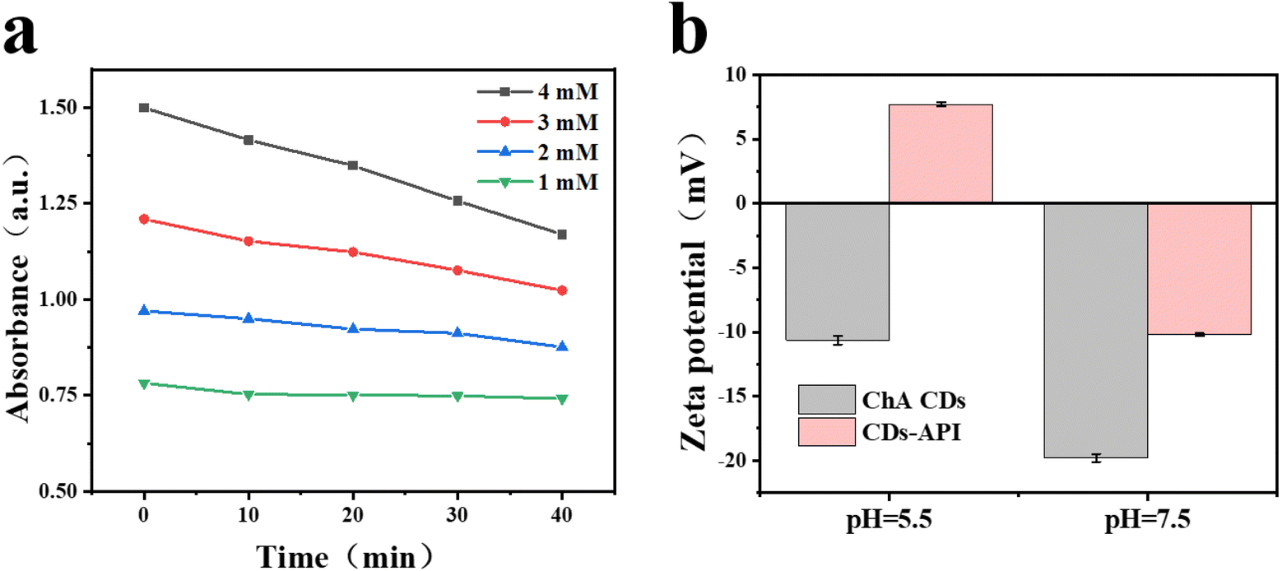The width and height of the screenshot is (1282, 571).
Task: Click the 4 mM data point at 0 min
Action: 144,108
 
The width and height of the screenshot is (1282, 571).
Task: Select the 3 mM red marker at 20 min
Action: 353,253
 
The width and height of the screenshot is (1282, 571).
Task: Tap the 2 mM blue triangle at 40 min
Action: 562,346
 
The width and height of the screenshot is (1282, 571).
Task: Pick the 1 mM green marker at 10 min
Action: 249,395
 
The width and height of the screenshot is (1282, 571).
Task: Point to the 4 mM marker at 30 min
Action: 458,201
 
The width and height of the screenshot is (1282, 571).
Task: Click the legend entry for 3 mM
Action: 538,122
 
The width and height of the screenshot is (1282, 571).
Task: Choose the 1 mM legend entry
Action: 538,183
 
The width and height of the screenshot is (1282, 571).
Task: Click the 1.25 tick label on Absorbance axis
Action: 58,203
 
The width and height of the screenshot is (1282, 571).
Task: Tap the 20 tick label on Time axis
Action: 352,516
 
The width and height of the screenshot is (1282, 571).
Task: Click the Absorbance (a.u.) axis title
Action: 18,288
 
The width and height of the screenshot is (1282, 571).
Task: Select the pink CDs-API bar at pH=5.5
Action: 941,153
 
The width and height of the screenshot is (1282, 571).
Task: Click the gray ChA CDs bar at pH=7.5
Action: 1096,331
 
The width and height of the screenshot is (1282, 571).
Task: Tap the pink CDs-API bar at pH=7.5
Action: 1200,269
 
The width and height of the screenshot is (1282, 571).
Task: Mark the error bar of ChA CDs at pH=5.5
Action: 838,341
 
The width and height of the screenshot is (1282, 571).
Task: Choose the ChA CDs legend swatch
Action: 827,399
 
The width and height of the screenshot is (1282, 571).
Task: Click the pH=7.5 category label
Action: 1148,520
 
